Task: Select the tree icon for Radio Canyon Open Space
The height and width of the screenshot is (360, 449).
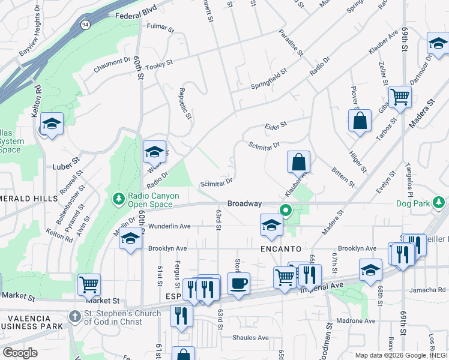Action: [x=118, y=197]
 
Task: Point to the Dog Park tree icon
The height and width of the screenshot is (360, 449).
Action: [x=440, y=203]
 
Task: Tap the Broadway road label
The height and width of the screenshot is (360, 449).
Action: [x=244, y=204]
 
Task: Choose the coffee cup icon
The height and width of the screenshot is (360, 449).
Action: [x=239, y=283]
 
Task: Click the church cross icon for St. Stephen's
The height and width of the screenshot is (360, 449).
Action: [x=74, y=315]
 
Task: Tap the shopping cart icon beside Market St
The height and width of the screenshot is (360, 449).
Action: [x=89, y=283]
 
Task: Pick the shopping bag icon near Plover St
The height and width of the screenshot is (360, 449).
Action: [x=360, y=119]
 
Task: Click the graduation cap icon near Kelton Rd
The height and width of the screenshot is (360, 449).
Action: [x=52, y=124]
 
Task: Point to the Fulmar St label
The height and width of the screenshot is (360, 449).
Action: [x=160, y=28]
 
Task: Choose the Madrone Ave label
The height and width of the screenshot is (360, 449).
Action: [x=357, y=321]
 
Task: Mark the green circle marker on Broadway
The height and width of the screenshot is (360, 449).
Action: [x=286, y=210]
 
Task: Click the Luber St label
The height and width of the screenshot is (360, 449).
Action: [x=66, y=163]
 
